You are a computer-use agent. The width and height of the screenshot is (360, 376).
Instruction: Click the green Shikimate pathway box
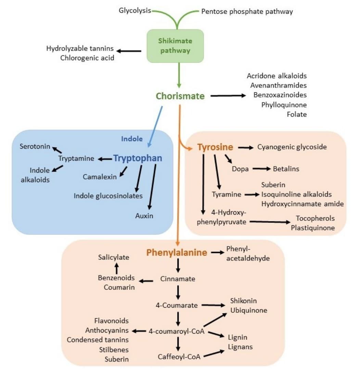coord(175,46)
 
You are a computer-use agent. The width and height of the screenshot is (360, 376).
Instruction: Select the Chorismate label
coord(180,96)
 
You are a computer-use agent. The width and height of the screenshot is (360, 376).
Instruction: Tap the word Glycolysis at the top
coord(135,11)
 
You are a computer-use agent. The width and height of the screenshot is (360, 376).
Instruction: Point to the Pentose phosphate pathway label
coord(247,11)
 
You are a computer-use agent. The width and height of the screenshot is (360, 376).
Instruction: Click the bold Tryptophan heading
coord(138,159)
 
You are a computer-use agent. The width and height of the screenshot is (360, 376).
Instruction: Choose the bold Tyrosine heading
coord(215,147)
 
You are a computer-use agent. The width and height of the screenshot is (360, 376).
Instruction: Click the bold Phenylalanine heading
coord(177,253)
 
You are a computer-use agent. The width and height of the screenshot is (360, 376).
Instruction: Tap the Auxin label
coord(144,216)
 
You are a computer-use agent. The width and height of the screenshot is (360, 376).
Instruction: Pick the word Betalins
coord(286,169)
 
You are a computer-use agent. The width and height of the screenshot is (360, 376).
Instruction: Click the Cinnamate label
coord(178,279)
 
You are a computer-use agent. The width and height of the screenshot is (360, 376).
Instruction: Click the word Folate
coord(297,115)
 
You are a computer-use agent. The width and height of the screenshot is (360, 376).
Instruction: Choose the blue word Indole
coord(131,139)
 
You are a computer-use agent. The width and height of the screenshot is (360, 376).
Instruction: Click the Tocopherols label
coord(315,218)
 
